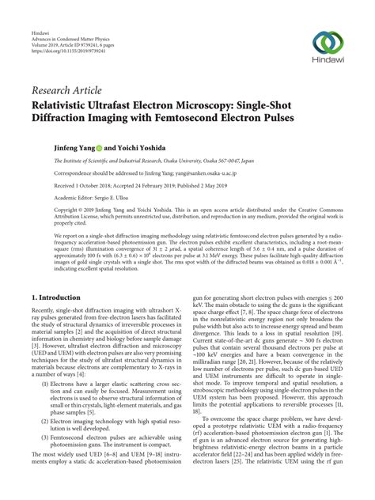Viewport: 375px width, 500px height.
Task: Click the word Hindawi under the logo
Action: (331, 66)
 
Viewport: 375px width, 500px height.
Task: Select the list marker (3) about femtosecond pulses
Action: (47, 437)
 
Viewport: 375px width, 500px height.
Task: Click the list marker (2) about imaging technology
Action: (47, 422)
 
